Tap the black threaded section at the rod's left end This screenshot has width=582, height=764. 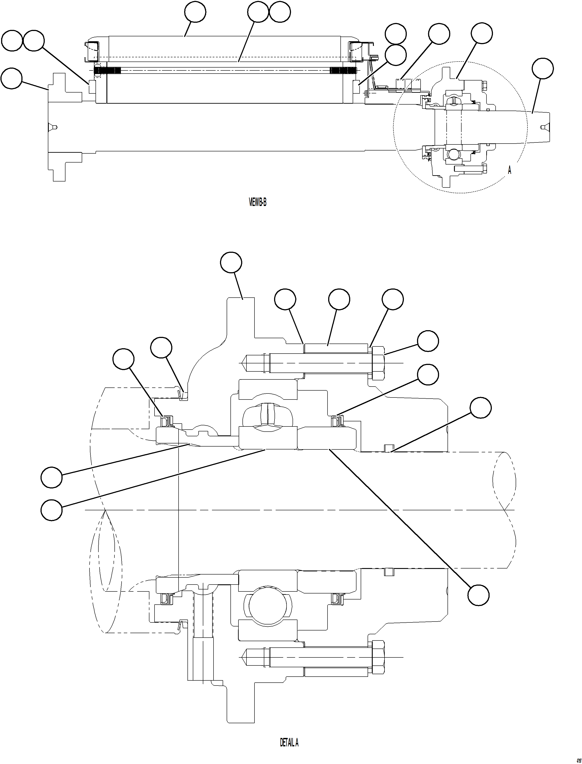point(107,71)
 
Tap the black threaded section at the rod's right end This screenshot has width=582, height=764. point(343,71)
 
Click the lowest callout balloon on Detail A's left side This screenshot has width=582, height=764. point(52,510)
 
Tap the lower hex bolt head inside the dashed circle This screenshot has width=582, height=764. point(484,169)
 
